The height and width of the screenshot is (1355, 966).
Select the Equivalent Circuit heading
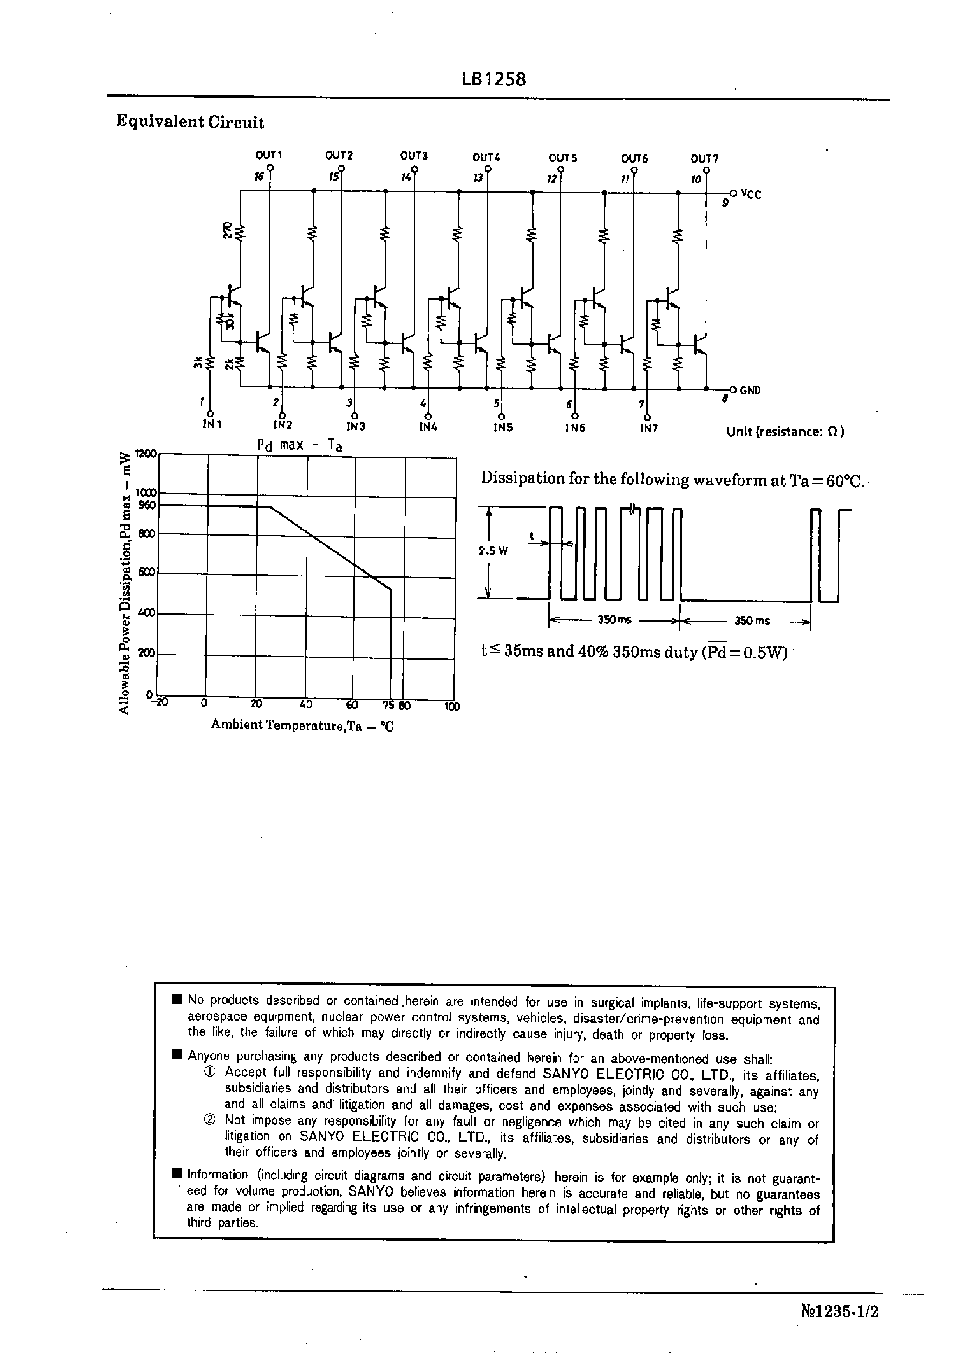point(190,122)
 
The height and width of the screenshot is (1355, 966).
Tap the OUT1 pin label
point(269,155)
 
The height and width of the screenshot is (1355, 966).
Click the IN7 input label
point(648,428)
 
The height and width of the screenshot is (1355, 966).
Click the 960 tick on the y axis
point(146,505)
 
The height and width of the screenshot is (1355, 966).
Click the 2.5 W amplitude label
point(493,551)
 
